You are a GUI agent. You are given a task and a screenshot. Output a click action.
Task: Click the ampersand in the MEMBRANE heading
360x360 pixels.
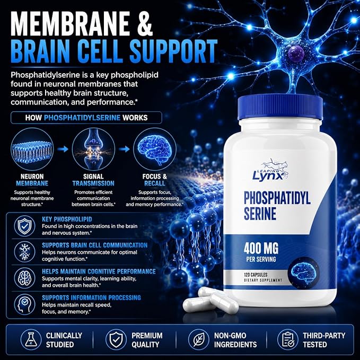[x=145, y=23]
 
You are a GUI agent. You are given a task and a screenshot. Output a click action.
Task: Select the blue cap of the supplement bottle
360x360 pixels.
[x=280, y=107]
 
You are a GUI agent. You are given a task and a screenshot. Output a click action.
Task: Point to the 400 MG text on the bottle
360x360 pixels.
[x=261, y=248]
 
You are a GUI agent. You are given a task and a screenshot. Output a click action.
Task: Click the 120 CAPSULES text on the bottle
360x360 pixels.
[x=256, y=275]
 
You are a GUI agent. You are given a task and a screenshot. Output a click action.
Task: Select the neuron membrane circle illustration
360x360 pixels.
[x=32, y=149]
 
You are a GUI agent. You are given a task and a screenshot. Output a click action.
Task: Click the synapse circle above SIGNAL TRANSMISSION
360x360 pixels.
[x=93, y=149]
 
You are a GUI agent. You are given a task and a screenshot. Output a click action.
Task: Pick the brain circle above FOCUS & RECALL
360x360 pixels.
[x=155, y=149]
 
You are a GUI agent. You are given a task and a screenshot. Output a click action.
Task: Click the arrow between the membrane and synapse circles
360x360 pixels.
[x=63, y=149]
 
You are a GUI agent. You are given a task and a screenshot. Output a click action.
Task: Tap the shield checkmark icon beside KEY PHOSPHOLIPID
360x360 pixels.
[x=24, y=226]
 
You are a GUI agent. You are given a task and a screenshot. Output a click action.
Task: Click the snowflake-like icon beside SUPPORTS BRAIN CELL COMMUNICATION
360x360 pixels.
[x=24, y=252]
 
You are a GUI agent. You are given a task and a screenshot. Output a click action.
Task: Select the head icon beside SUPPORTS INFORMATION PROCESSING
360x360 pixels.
[x=24, y=304]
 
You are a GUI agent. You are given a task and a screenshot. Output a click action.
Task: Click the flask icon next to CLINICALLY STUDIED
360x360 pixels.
[x=31, y=340]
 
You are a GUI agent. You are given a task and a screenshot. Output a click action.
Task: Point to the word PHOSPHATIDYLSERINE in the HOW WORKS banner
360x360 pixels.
[x=82, y=118]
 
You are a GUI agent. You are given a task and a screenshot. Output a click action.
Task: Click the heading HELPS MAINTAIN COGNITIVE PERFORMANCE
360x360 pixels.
[x=99, y=271]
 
